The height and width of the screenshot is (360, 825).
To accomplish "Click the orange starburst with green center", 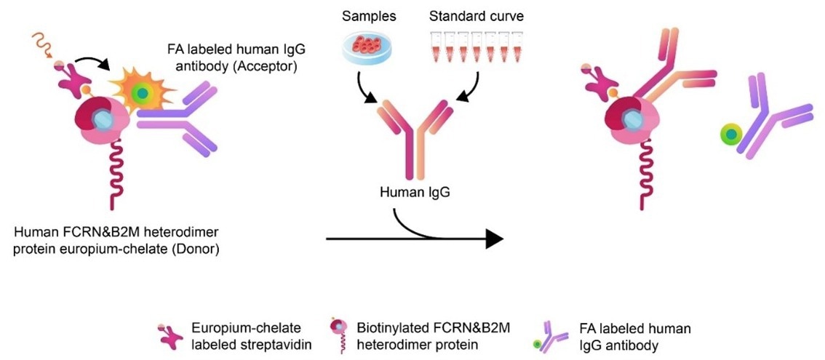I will [142, 94].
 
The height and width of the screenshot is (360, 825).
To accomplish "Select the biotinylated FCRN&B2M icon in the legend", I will [339, 337].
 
